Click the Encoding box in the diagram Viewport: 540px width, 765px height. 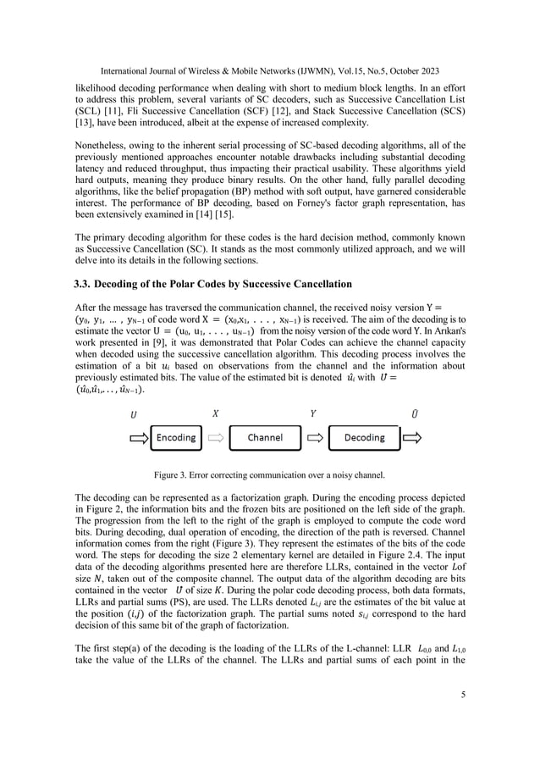tap(176, 438)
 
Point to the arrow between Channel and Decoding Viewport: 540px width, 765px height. tap(314, 438)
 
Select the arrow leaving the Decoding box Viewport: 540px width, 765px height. tap(411, 438)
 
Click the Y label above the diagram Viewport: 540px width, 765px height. tap(313, 415)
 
